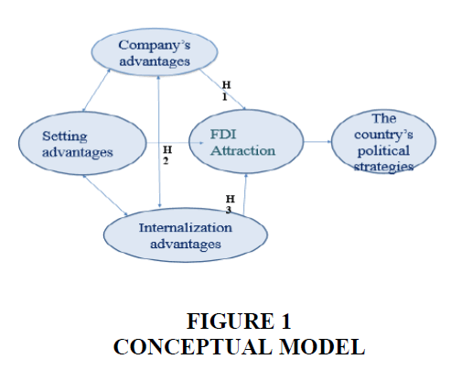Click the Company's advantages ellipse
155,52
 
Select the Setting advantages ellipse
82,143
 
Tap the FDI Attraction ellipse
246,141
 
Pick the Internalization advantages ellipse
186,235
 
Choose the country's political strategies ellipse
383,142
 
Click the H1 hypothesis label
226,91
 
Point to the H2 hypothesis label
167,155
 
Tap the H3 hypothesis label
231,204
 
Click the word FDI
223,135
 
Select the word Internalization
186,227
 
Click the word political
383,151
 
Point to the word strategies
383,167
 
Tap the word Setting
65,136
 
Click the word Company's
155,46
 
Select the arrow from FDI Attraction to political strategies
317,142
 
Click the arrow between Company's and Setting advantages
97,90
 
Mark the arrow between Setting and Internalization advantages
105,195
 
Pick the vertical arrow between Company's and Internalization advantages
159,142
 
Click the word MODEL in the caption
322,347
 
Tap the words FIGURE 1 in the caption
239,321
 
